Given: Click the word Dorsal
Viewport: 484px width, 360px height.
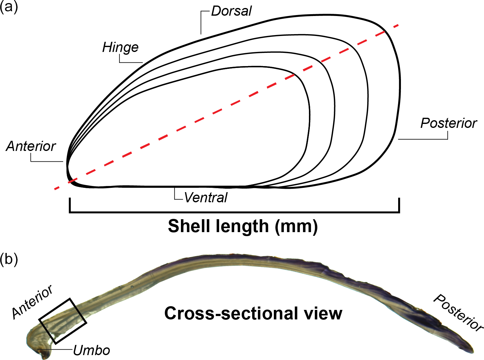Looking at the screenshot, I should pyautogui.click(x=231, y=11).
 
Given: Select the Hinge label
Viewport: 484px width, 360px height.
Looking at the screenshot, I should pyautogui.click(x=120, y=47).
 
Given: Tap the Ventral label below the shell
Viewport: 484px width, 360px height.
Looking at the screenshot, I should pyautogui.click(x=206, y=198).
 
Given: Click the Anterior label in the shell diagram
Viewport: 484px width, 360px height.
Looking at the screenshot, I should pyautogui.click(x=31, y=146).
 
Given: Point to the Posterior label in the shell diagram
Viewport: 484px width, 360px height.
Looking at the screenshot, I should pyautogui.click(x=448, y=123).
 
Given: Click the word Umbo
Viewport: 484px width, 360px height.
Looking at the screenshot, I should pyautogui.click(x=91, y=350).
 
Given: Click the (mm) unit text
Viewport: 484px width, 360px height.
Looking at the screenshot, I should pyautogui.click(x=296, y=227).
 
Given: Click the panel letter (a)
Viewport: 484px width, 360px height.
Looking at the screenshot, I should pyautogui.click(x=9, y=7).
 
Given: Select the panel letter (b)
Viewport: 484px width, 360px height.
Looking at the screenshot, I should pyautogui.click(x=9, y=259).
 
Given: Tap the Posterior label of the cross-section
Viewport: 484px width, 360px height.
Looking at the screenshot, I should pyautogui.click(x=458, y=312).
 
